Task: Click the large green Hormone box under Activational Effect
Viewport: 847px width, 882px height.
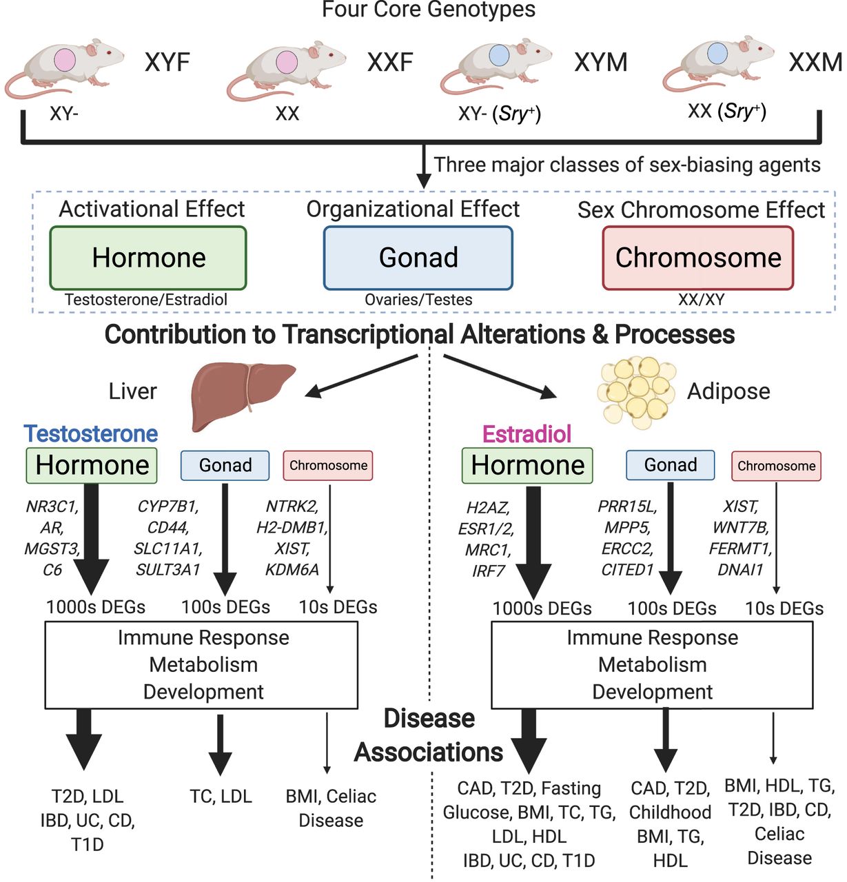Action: [x=147, y=258]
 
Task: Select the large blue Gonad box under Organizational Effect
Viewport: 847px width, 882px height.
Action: [x=418, y=258]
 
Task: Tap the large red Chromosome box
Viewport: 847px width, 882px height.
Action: [x=698, y=258]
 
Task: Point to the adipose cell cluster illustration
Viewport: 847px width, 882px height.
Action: [x=637, y=391]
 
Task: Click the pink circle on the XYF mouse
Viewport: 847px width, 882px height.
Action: [x=65, y=60]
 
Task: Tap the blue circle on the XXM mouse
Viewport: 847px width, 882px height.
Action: [x=717, y=53]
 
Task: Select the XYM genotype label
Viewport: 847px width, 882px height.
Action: [x=601, y=62]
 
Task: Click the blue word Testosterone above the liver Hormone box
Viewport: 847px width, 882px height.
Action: [x=91, y=433]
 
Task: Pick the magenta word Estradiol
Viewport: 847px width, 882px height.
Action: [x=527, y=433]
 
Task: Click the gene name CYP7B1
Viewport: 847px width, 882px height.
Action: [x=168, y=506]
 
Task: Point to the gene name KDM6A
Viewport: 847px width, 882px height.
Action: [x=292, y=570]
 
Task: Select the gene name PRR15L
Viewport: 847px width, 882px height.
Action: [x=628, y=506]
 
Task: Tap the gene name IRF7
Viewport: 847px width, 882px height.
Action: [x=488, y=571]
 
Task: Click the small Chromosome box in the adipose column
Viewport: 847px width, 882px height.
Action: [x=776, y=466]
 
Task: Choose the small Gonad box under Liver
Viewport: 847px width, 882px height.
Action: [x=225, y=466]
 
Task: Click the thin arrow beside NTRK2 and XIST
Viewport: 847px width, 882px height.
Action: [x=330, y=539]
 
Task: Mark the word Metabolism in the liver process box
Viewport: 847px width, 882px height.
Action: [x=203, y=665]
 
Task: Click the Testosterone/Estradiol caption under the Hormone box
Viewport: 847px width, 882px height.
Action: [x=145, y=300]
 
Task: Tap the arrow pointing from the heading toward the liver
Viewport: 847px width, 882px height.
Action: [x=361, y=376]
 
